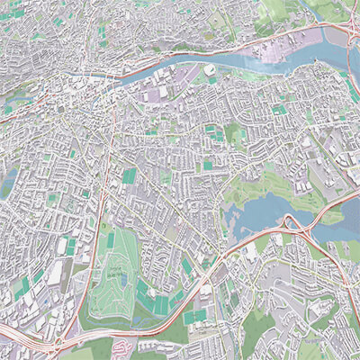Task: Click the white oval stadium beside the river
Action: [x=209, y=69]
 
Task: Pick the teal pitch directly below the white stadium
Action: [x=212, y=80]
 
